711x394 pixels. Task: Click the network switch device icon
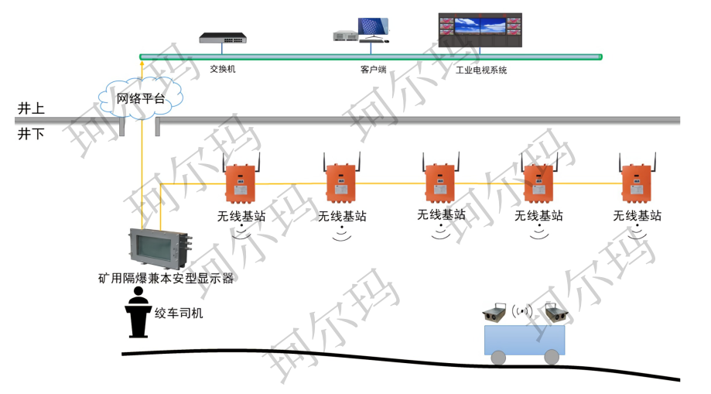click(223, 38)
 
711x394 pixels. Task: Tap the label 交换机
click(223, 70)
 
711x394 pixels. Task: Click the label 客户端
click(372, 70)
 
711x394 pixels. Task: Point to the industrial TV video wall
click(480, 30)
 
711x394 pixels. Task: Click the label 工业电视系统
click(481, 70)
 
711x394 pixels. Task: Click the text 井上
click(32, 108)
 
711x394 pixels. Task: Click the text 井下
click(32, 134)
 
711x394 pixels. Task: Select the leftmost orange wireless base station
click(238, 183)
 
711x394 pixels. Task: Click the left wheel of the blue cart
click(498, 356)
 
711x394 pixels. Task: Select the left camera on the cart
click(494, 313)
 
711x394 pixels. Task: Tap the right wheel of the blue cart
click(551, 356)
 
